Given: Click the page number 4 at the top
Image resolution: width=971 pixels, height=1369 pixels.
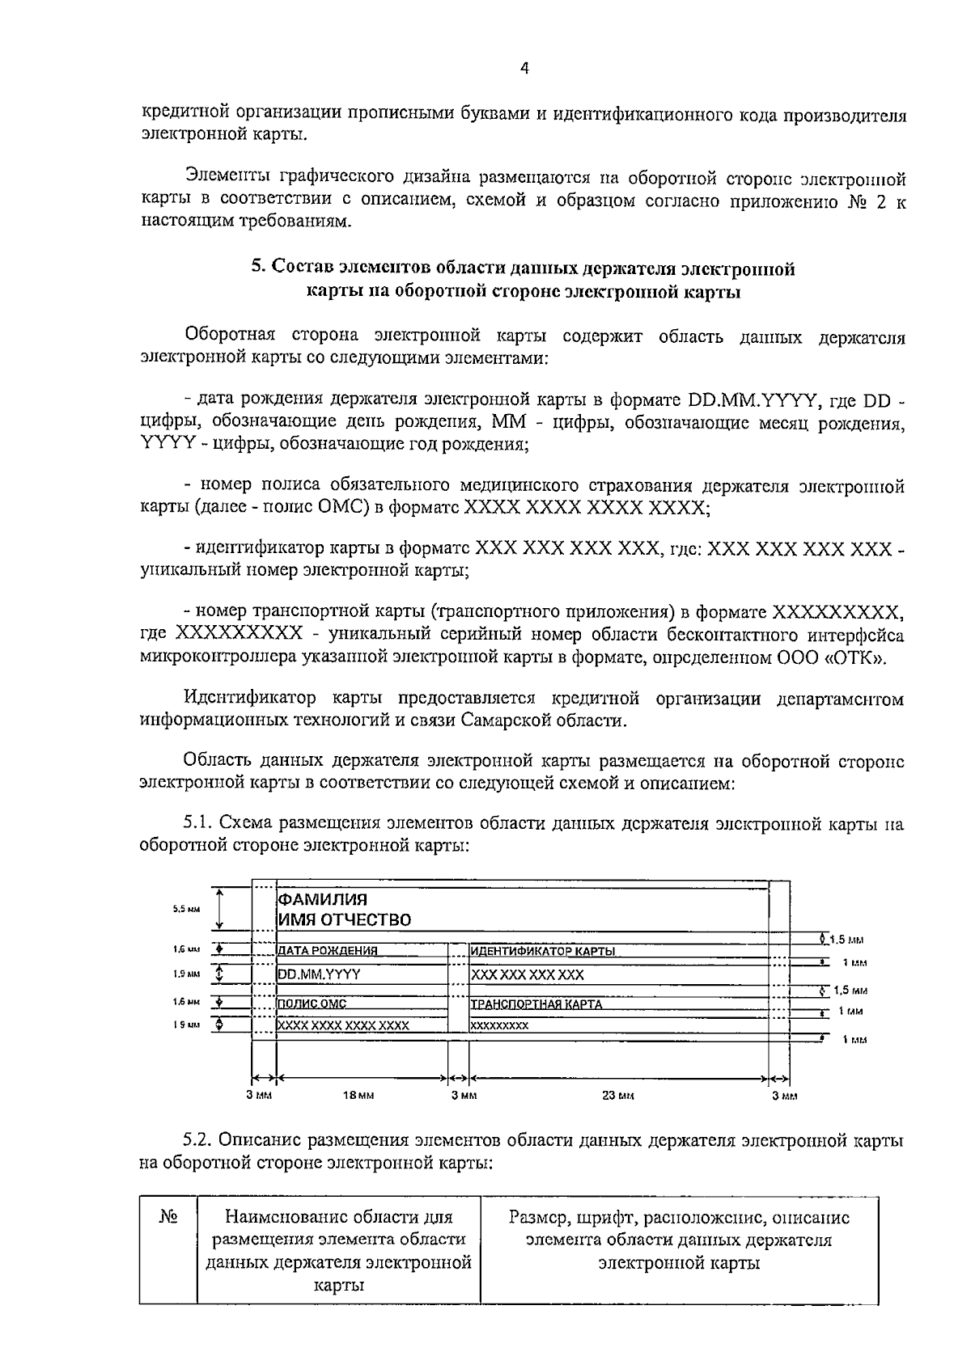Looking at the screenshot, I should [524, 70].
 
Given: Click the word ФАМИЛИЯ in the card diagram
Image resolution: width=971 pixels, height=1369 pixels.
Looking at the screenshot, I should [323, 899].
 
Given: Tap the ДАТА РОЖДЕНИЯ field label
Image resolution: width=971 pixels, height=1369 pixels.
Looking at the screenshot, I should [328, 951].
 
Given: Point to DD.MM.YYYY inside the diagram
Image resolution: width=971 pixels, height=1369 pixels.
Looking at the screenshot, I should [319, 974].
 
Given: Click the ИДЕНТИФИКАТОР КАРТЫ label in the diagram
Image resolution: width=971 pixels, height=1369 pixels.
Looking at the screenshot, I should [543, 951].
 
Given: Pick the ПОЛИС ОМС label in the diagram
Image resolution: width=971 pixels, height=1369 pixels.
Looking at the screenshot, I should [312, 1004].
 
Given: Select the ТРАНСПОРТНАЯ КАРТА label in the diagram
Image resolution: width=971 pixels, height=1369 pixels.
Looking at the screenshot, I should [536, 1004].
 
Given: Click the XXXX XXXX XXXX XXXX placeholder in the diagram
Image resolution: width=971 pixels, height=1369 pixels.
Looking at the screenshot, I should [343, 1025].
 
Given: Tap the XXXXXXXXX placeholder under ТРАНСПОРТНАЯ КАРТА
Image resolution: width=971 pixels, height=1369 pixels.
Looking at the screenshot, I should [499, 1025].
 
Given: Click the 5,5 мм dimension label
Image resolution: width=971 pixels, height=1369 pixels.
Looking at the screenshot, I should [186, 909].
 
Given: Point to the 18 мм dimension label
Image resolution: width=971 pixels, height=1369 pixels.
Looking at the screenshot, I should [358, 1096].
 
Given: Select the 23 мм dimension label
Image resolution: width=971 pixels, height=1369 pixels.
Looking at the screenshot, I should [618, 1096].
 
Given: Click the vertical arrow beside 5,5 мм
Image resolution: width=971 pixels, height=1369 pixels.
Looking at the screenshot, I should [220, 908].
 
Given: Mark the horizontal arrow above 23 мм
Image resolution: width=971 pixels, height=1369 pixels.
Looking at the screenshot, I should [618, 1078].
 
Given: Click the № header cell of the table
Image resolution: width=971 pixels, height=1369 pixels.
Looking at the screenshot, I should [167, 1218].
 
